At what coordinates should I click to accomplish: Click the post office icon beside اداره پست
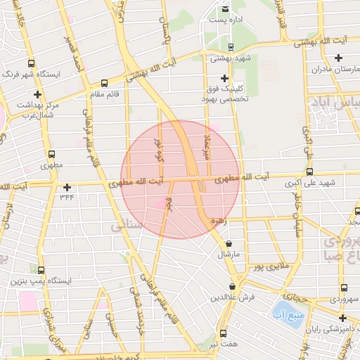coord(225,9)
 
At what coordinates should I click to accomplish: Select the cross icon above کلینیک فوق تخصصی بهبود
coord(225,77)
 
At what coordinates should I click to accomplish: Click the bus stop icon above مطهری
coord(51,154)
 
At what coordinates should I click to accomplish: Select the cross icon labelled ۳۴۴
coord(67,187)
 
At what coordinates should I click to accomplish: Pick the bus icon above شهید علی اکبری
coord(309,171)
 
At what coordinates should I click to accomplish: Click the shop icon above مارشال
coord(228,243)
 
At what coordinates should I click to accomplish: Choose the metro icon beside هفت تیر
coord(224,333)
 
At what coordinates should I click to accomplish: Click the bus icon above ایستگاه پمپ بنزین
coord(41,270)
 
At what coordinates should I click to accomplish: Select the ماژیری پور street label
coord(271,268)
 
